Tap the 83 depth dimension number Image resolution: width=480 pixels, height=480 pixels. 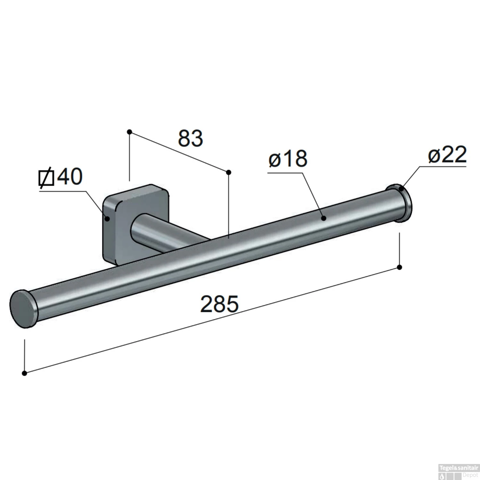pyautogui.click(x=190, y=139)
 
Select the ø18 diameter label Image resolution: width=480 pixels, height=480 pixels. pyautogui.click(x=288, y=158)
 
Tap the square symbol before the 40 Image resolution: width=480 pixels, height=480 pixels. pyautogui.click(x=46, y=178)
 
